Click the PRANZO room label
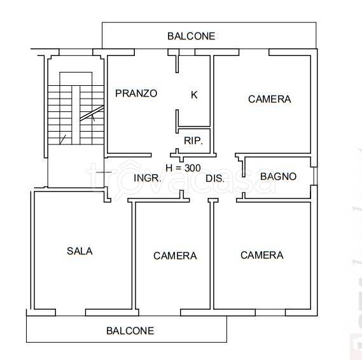pyautogui.click(x=136, y=93)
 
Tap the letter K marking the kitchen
pyautogui.click(x=194, y=95)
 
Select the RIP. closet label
pyautogui.click(x=193, y=141)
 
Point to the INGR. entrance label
pyautogui.click(x=148, y=178)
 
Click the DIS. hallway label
pyautogui.click(x=215, y=179)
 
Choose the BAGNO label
pyautogui.click(x=278, y=176)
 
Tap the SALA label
pyautogui.click(x=80, y=251)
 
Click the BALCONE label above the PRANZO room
pyautogui.click(x=191, y=36)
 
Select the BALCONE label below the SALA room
pyautogui.click(x=130, y=331)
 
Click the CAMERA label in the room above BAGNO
pyautogui.click(x=269, y=99)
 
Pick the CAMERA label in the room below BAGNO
pyautogui.click(x=261, y=255)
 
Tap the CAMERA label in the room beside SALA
pyautogui.click(x=175, y=256)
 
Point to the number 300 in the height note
pyautogui.click(x=191, y=168)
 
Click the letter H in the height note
pyautogui.click(x=169, y=168)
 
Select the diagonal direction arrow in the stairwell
pyautogui.click(x=89, y=116)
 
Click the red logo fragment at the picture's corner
pyautogui.click(x=354, y=347)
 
